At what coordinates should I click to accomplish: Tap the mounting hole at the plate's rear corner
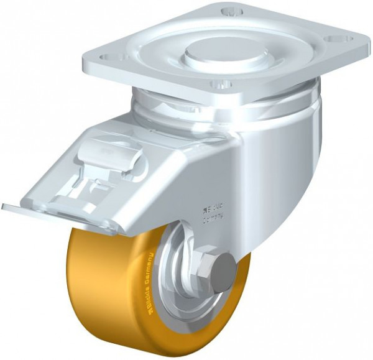click(231, 12)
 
